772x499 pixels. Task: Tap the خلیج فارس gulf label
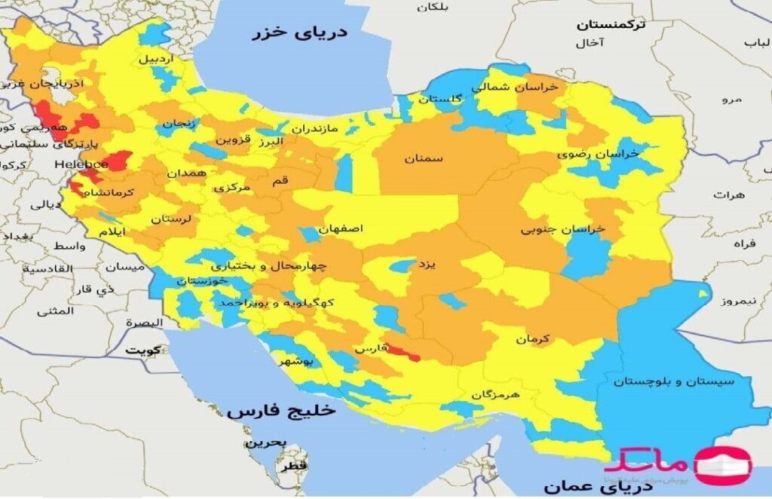tap(280, 412)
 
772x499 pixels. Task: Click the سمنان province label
tap(423, 159)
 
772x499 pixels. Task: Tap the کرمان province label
tap(534, 339)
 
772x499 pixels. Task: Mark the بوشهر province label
tap(296, 362)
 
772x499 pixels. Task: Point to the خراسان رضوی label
tap(598, 153)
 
